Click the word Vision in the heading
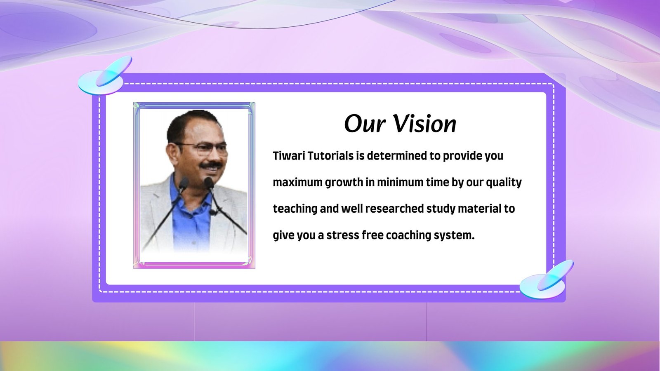[425, 124]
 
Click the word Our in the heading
[365, 124]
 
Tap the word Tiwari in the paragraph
[289, 156]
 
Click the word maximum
[297, 183]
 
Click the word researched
[394, 209]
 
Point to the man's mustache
[211, 165]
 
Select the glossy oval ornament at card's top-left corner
[105, 76]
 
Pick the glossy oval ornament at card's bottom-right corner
[547, 279]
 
